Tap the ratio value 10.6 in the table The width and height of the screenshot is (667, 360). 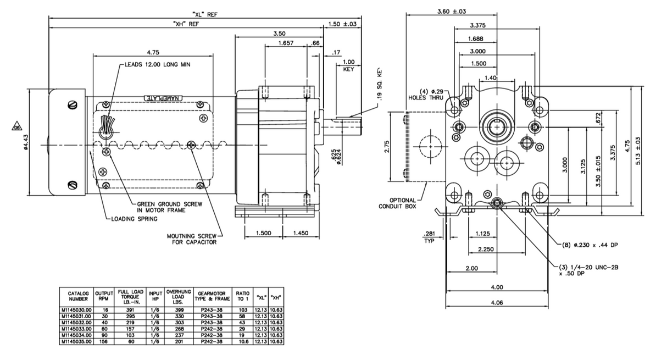click(242, 341)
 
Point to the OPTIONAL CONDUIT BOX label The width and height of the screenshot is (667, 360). click(397, 203)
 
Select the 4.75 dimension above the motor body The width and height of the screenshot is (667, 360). click(153, 53)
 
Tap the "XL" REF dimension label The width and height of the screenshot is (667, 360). click(204, 14)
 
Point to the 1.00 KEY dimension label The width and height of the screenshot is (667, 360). click(348, 65)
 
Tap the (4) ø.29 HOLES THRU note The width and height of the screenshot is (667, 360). click(426, 95)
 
